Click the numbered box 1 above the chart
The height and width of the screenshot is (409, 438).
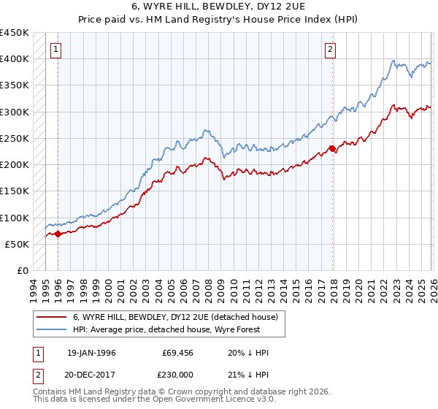(x=56, y=50)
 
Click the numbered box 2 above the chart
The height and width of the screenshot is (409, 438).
(x=330, y=50)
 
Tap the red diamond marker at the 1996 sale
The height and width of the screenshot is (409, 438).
(x=58, y=234)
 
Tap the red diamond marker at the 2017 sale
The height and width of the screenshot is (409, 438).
(x=332, y=149)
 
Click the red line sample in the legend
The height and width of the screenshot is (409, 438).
(x=52, y=318)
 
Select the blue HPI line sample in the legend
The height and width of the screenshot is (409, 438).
(x=52, y=330)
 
